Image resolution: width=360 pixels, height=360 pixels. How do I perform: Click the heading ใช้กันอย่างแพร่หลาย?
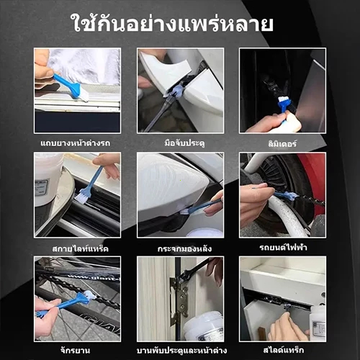tap(173, 23)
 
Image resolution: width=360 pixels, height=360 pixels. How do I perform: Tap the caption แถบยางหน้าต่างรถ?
tap(76, 143)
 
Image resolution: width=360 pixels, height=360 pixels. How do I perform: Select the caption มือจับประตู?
tap(184, 143)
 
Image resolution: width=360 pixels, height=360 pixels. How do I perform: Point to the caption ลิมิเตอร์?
tap(282, 143)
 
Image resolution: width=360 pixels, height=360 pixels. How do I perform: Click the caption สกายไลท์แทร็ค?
tap(80, 248)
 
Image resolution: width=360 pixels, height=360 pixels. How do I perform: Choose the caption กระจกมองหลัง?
tap(184, 248)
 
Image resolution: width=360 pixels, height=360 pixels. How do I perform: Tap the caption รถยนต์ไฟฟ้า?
tap(283, 247)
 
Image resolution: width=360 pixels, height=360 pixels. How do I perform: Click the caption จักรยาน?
tap(76, 351)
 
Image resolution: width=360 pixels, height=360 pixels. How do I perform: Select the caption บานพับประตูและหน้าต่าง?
tap(181, 351)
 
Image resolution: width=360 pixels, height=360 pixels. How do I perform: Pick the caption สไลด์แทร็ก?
tap(284, 350)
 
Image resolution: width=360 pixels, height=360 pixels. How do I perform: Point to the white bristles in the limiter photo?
tap(282, 99)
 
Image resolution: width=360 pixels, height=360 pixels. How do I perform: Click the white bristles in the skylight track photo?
tap(81, 198)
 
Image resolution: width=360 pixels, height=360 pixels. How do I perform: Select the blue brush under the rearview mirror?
tap(201, 207)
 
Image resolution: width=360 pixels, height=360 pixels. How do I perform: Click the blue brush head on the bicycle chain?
tap(84, 297)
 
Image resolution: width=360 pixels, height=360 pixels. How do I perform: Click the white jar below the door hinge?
tap(203, 326)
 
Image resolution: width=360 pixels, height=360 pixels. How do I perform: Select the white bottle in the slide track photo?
tap(318, 323)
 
